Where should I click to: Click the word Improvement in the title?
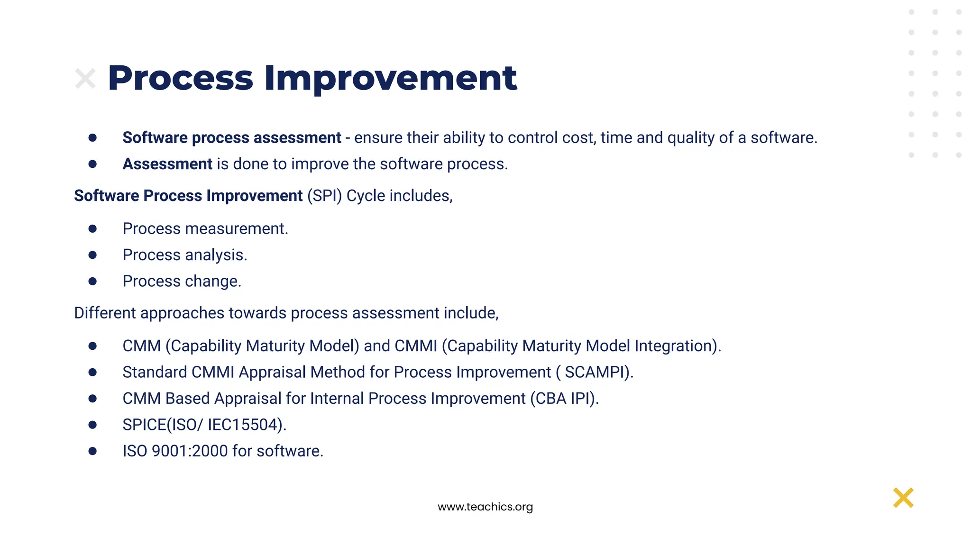(x=390, y=78)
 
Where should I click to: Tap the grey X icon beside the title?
(x=85, y=79)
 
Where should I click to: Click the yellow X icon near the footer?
(x=903, y=498)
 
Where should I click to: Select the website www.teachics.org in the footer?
(x=485, y=507)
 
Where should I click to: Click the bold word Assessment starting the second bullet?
(x=167, y=164)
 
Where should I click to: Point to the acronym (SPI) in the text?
(x=324, y=196)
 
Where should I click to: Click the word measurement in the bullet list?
(x=236, y=229)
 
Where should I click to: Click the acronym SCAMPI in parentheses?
(x=596, y=373)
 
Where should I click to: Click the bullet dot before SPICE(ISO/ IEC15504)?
(x=92, y=425)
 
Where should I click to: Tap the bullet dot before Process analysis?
(x=92, y=255)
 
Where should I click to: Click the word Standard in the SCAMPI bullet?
(x=155, y=373)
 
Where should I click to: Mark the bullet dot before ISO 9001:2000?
(x=92, y=451)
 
